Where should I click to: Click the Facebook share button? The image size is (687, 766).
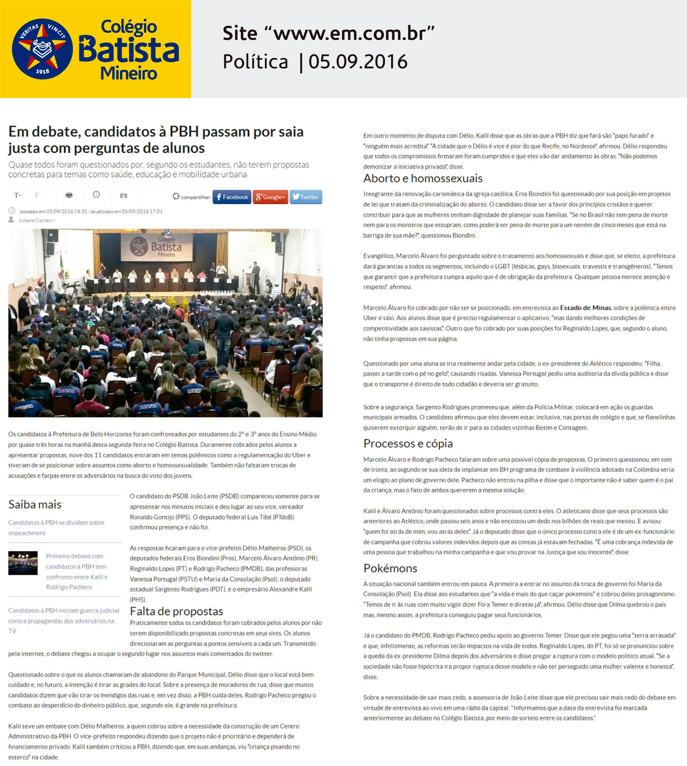(x=232, y=197)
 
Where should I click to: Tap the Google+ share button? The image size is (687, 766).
(x=270, y=197)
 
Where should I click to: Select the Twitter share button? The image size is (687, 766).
(x=305, y=197)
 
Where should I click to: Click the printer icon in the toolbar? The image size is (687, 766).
(x=69, y=196)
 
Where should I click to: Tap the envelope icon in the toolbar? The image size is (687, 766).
(x=123, y=196)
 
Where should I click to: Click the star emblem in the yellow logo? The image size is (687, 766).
(x=42, y=49)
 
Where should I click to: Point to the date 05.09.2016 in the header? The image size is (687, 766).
(x=358, y=62)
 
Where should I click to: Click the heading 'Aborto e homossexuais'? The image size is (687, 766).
(x=423, y=178)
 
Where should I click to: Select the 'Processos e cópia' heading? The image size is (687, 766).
(x=408, y=443)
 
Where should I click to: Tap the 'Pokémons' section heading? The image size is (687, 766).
(x=390, y=568)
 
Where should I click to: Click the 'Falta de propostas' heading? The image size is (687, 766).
(x=176, y=611)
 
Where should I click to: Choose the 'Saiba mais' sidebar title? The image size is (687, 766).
(x=35, y=505)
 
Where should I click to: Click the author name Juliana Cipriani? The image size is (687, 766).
(x=36, y=220)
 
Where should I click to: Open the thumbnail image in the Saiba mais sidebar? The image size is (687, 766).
(x=23, y=563)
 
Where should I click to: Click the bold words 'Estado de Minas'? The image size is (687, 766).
(x=585, y=308)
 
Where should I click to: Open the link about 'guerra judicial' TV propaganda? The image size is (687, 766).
(x=63, y=621)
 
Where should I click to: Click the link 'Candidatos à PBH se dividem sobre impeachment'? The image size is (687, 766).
(x=56, y=527)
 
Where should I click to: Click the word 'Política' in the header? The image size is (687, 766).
(x=255, y=62)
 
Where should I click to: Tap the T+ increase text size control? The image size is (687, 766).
(x=17, y=196)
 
